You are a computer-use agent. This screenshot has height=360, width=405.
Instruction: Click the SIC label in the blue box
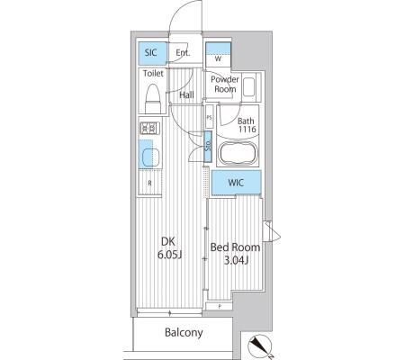151,52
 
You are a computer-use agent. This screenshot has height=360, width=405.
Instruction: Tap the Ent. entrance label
183,53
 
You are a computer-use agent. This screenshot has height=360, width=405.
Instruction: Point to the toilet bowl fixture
153,98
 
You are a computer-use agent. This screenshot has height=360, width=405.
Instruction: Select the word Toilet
153,73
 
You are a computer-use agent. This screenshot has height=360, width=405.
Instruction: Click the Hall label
186,95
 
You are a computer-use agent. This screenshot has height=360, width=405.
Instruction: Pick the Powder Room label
225,84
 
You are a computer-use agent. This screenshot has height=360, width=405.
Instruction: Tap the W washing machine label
218,58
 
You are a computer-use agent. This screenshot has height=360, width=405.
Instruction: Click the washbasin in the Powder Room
248,87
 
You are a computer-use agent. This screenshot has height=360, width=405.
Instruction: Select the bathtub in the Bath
238,153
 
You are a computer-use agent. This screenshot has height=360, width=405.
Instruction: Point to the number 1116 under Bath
247,130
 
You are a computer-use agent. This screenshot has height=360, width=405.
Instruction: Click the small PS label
209,118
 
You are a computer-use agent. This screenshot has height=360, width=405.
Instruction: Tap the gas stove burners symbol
149,128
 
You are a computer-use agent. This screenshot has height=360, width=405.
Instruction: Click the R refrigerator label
149,183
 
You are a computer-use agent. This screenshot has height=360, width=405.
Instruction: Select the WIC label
236,183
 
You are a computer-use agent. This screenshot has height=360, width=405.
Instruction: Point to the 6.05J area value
170,255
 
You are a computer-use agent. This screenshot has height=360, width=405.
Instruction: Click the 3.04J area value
236,260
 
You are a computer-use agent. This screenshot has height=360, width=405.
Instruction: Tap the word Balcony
184,332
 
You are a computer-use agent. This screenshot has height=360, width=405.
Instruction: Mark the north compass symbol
260,346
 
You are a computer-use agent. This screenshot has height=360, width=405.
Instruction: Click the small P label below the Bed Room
220,306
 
